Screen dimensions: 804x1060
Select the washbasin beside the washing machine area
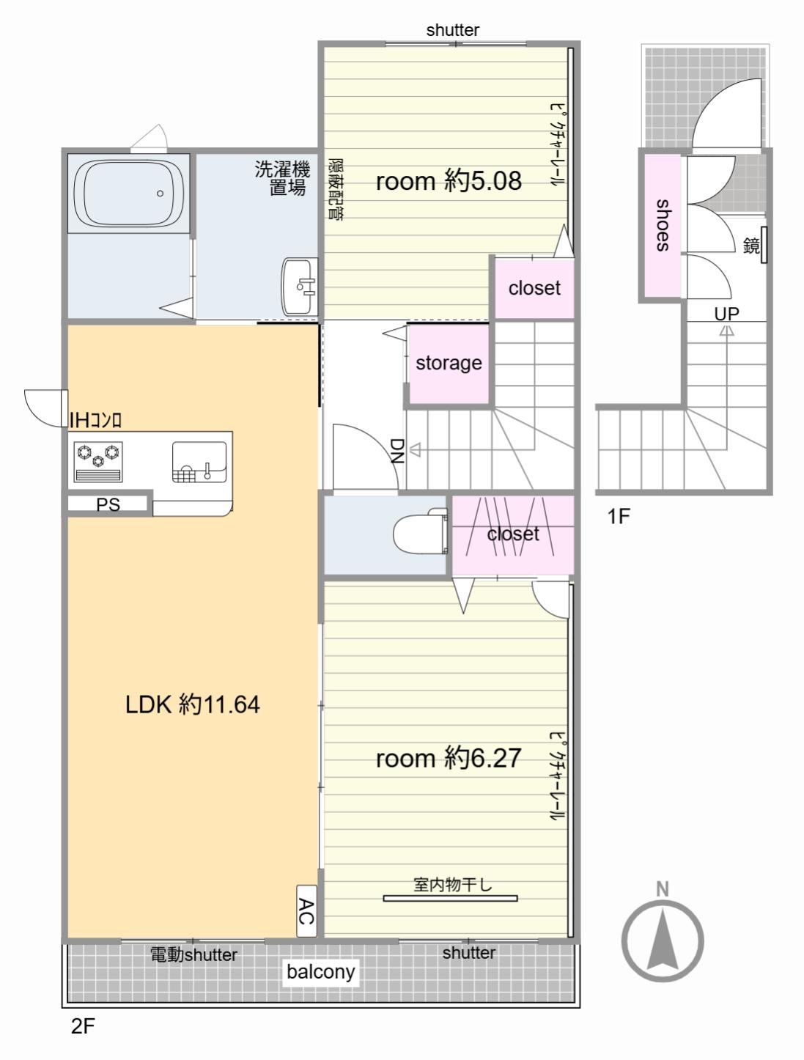click(x=299, y=287)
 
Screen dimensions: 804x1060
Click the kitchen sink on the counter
click(x=199, y=462)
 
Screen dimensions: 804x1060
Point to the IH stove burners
click(x=97, y=462)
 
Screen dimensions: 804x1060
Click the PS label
click(x=108, y=504)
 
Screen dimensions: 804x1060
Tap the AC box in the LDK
click(x=306, y=910)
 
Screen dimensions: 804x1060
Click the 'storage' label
click(x=449, y=363)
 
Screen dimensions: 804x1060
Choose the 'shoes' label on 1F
click(x=663, y=225)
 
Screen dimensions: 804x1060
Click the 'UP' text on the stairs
click(x=726, y=314)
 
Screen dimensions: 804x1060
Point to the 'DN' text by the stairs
click(x=397, y=451)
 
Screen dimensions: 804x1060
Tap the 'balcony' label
click(x=320, y=971)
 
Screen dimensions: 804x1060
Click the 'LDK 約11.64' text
click(x=193, y=704)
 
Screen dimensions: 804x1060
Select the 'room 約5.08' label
click(x=449, y=181)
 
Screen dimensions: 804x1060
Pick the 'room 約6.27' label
click(x=449, y=758)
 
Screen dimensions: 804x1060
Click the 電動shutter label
click(x=193, y=954)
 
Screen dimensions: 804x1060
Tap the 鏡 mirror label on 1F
click(x=751, y=246)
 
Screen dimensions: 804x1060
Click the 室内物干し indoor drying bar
click(x=450, y=898)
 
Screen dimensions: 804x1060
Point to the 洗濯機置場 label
click(x=283, y=178)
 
